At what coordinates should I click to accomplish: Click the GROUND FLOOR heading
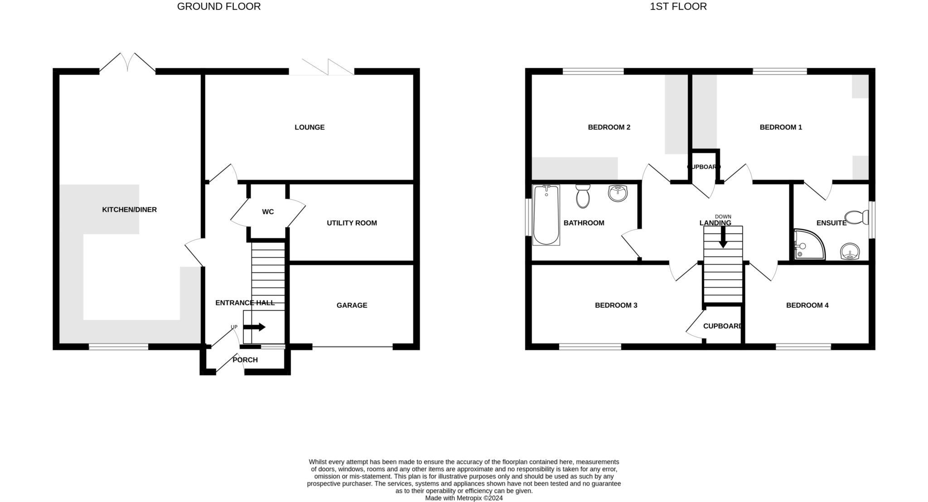(x=218, y=6)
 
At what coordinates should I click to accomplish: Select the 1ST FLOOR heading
(x=678, y=6)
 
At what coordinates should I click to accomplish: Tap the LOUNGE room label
(x=309, y=127)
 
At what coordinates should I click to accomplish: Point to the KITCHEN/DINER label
(x=129, y=210)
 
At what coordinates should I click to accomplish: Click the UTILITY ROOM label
(x=352, y=223)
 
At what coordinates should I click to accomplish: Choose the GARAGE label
(x=352, y=305)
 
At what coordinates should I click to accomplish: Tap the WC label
(x=268, y=212)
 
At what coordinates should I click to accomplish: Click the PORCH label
(x=245, y=360)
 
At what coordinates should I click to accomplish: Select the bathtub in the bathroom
(x=546, y=215)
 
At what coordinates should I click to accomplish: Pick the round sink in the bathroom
(x=618, y=193)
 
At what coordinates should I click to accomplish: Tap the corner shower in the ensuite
(x=808, y=245)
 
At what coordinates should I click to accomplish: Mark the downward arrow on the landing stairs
(x=723, y=237)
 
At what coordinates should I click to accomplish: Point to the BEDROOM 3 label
(x=616, y=305)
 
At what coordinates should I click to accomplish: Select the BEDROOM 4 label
(x=807, y=305)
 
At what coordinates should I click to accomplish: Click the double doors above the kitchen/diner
(x=128, y=63)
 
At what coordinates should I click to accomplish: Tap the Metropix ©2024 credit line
(x=464, y=498)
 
